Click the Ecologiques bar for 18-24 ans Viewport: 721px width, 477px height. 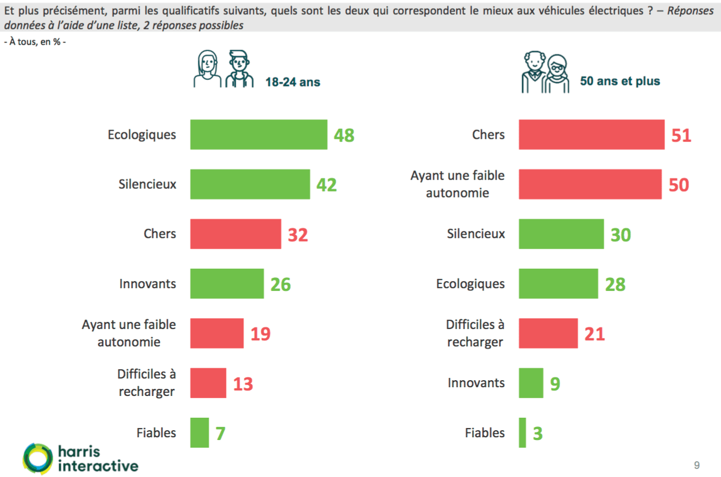point(259,134)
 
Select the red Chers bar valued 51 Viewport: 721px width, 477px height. point(592,134)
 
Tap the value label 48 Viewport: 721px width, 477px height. point(344,135)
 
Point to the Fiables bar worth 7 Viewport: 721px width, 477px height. point(199,432)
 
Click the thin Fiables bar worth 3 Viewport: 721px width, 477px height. point(523,432)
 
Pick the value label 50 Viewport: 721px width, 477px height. point(678,185)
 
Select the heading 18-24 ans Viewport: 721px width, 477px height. point(293,82)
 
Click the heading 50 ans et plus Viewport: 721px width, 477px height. point(620,82)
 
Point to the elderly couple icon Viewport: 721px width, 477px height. point(546,72)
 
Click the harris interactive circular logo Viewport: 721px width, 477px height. point(38,458)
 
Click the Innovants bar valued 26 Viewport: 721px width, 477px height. point(227,283)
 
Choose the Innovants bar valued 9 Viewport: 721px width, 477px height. point(531,382)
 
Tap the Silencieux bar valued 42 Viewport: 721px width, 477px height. point(250,184)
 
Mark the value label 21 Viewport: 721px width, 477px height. point(594,334)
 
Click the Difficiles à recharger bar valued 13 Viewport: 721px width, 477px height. point(208,383)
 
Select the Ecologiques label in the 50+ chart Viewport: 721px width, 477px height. point(471,283)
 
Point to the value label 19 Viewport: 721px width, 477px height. point(260,334)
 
